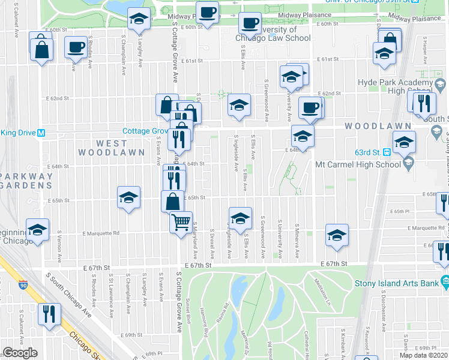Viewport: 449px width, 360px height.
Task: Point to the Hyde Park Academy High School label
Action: [x=403, y=86]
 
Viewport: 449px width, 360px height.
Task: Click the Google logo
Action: [x=20, y=353]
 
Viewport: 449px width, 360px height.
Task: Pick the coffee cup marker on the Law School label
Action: [x=249, y=23]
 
